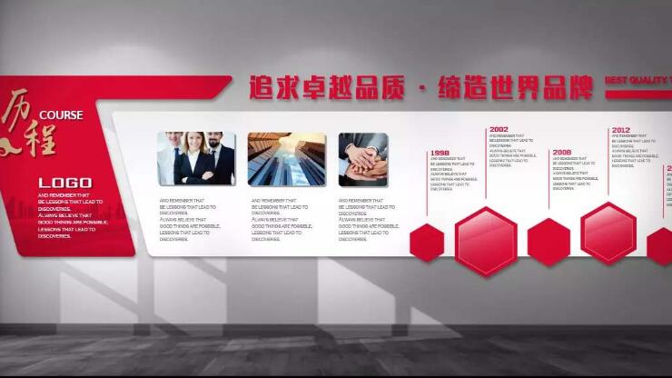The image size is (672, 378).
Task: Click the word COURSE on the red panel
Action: pos(61,115)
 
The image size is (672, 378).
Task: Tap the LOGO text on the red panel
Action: pos(64,183)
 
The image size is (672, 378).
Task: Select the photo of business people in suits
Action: pos(196,159)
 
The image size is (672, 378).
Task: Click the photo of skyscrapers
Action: pos(286,159)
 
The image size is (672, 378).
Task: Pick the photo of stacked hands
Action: pos(363,159)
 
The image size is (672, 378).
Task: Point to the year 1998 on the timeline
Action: pos(440,154)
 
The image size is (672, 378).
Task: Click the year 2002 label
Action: pos(499,130)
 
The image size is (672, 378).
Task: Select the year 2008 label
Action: pos(562,153)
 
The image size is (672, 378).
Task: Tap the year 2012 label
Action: pos(621,130)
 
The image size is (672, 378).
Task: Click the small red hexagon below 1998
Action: pos(427,243)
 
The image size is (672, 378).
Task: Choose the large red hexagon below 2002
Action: pos(487,241)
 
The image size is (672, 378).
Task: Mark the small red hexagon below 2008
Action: pos(548,243)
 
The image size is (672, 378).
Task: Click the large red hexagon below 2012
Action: pos(608,234)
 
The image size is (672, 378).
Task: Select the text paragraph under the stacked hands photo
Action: pos(369,220)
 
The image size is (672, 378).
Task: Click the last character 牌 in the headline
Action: pos(577,88)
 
